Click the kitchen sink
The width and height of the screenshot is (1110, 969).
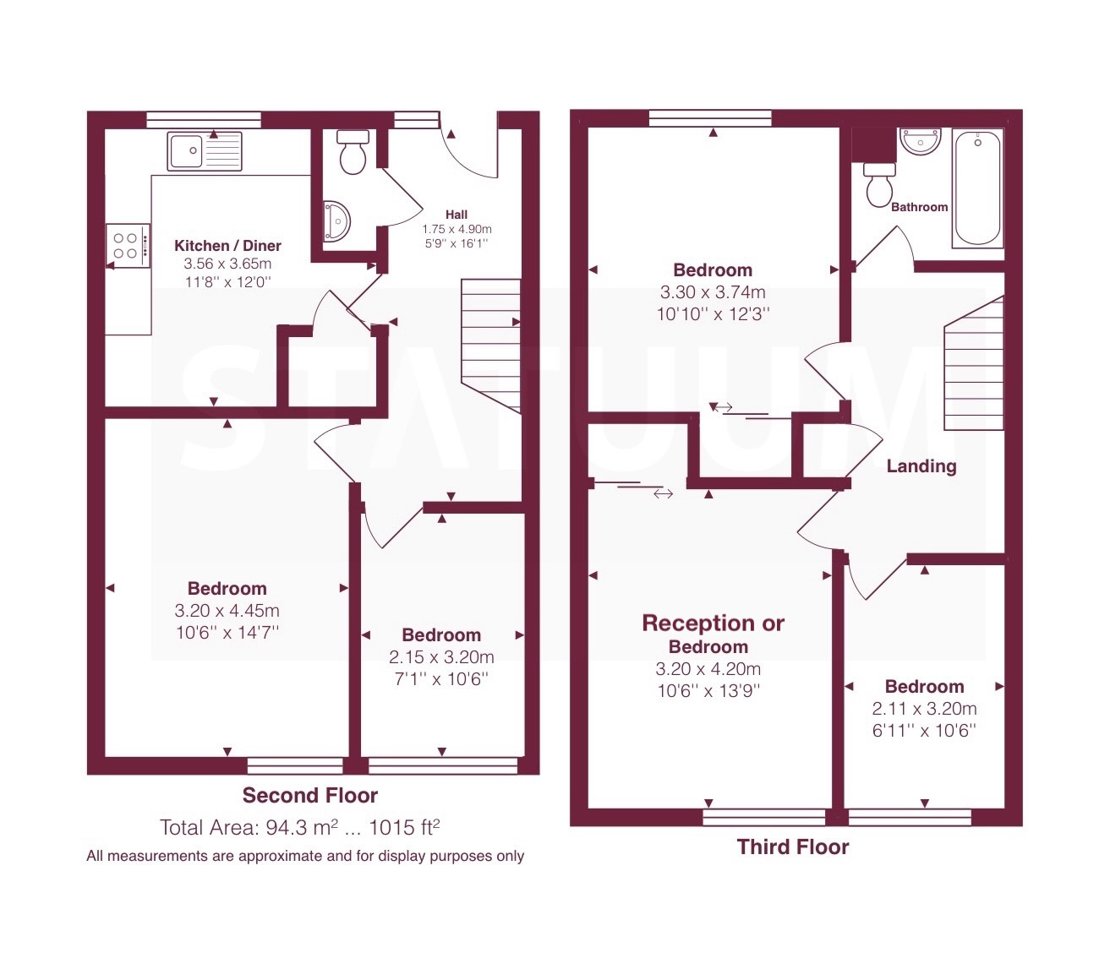tap(205, 151)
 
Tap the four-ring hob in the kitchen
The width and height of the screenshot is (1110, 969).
tap(128, 246)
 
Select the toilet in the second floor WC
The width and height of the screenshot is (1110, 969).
tap(353, 152)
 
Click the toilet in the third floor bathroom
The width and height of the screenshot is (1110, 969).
tap(879, 184)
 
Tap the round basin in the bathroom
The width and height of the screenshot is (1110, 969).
tap(920, 141)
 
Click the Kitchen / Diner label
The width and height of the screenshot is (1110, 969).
tap(228, 246)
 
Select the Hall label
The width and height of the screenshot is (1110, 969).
tap(457, 215)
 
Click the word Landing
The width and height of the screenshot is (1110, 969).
tap(921, 466)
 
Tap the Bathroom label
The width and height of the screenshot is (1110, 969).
tap(919, 206)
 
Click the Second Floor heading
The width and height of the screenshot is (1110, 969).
tap(309, 795)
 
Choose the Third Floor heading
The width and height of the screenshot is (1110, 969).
tap(793, 847)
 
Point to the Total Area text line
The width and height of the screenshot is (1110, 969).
tap(299, 827)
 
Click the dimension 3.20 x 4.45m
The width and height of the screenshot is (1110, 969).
tap(227, 610)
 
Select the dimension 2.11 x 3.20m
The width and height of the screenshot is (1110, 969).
tap(925, 708)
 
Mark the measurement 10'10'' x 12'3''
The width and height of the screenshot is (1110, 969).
tap(713, 313)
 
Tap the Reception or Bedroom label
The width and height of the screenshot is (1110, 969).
tap(713, 634)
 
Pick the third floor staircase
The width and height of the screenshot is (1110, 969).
tap(975, 363)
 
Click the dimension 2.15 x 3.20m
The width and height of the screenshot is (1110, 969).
tap(441, 656)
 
